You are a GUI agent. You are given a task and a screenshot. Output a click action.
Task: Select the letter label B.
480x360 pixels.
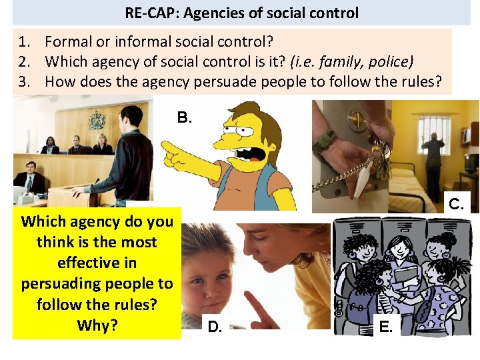point(185,118)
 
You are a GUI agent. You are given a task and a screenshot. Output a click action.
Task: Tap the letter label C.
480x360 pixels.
point(457,204)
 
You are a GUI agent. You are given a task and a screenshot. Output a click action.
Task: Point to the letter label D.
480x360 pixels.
point(215,327)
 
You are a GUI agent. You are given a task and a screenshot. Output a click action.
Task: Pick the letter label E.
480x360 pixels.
point(386,327)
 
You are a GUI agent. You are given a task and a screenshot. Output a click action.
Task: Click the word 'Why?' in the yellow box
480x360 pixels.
point(97,325)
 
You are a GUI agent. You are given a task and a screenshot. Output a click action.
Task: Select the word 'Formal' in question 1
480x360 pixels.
point(68,42)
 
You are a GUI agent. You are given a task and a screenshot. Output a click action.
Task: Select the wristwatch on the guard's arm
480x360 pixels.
point(327,140)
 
